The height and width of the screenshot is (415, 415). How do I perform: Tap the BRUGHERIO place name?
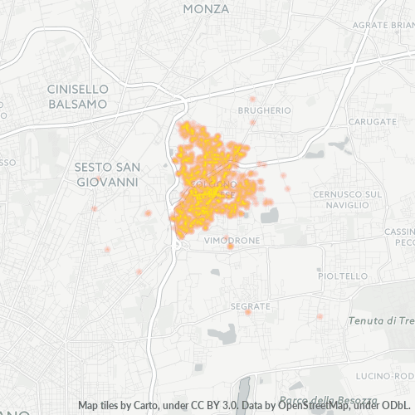[264, 110]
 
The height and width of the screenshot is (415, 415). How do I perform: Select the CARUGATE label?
[372, 121]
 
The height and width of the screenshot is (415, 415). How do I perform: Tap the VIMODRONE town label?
[232, 239]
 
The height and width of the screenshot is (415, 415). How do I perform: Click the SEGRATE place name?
[251, 306]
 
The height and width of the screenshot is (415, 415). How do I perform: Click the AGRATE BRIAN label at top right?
[382, 26]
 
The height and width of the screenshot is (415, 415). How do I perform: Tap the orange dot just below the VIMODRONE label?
[230, 246]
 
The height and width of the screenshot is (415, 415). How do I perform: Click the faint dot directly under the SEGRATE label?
[247, 312]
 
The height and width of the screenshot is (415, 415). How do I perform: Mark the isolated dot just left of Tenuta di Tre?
[320, 316]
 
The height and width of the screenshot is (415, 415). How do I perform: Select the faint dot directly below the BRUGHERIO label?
[252, 122]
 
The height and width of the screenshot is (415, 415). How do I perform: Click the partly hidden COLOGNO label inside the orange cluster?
[213, 183]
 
